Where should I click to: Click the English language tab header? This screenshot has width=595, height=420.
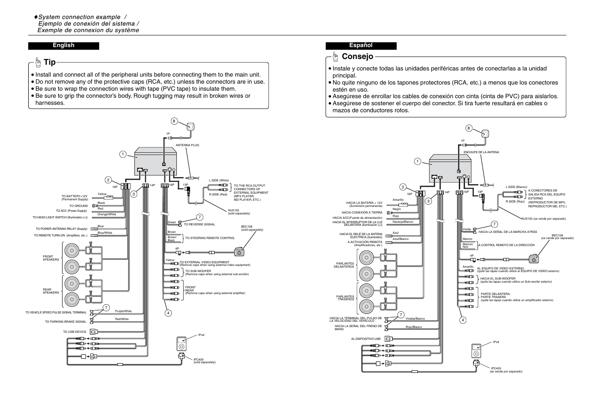pyautogui.click(x=63, y=45)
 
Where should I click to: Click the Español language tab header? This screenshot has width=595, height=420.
pyautogui.click(x=361, y=45)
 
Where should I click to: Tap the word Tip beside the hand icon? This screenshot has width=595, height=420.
pyautogui.click(x=50, y=63)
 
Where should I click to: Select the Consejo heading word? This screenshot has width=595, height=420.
pyautogui.click(x=357, y=56)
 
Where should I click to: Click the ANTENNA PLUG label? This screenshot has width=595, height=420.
pyautogui.click(x=187, y=145)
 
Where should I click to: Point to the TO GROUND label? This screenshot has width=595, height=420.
pyautogui.click(x=78, y=206)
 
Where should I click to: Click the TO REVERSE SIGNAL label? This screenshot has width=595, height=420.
pyautogui.click(x=199, y=225)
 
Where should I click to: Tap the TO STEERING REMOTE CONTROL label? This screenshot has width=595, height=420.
pyautogui.click(x=210, y=238)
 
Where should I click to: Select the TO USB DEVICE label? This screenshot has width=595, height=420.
pyautogui.click(x=74, y=332)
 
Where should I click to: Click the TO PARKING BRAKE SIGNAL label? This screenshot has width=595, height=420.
pyautogui.click(x=66, y=322)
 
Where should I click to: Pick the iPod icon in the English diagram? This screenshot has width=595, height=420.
pyautogui.click(x=182, y=343)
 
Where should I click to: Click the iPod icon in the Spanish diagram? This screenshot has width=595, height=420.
pyautogui.click(x=475, y=350)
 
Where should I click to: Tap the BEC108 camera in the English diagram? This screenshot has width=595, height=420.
pyautogui.click(x=239, y=252)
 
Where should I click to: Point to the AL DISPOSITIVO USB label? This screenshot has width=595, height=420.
pyautogui.click(x=365, y=339)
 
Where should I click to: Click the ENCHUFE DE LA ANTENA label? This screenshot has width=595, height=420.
pyautogui.click(x=481, y=152)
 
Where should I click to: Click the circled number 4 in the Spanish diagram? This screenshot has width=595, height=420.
pyautogui.click(x=463, y=320)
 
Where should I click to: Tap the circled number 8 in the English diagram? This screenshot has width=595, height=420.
pyautogui.click(x=174, y=121)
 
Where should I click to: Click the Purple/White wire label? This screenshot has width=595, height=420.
pyautogui.click(x=123, y=311)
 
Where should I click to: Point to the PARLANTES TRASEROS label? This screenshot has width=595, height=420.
pyautogui.click(x=345, y=298)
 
